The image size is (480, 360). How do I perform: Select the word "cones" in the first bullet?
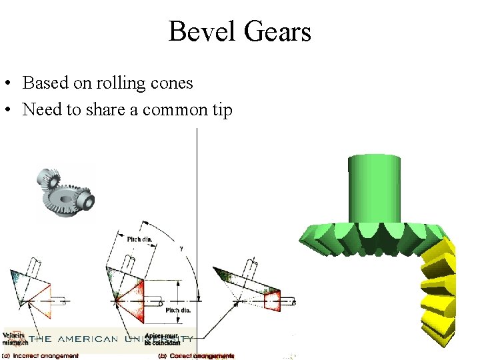pyautogui.click(x=173, y=83)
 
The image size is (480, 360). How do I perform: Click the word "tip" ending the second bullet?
pyautogui.click(x=222, y=110)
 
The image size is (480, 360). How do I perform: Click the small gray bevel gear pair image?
pyautogui.click(x=65, y=193)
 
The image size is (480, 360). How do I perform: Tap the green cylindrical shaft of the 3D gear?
pyautogui.click(x=375, y=187)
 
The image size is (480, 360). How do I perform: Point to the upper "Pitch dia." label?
pyautogui.click(x=139, y=239)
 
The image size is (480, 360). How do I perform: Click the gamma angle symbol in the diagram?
pyautogui.click(x=181, y=248)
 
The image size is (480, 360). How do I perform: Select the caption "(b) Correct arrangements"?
pyautogui.click(x=196, y=356)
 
